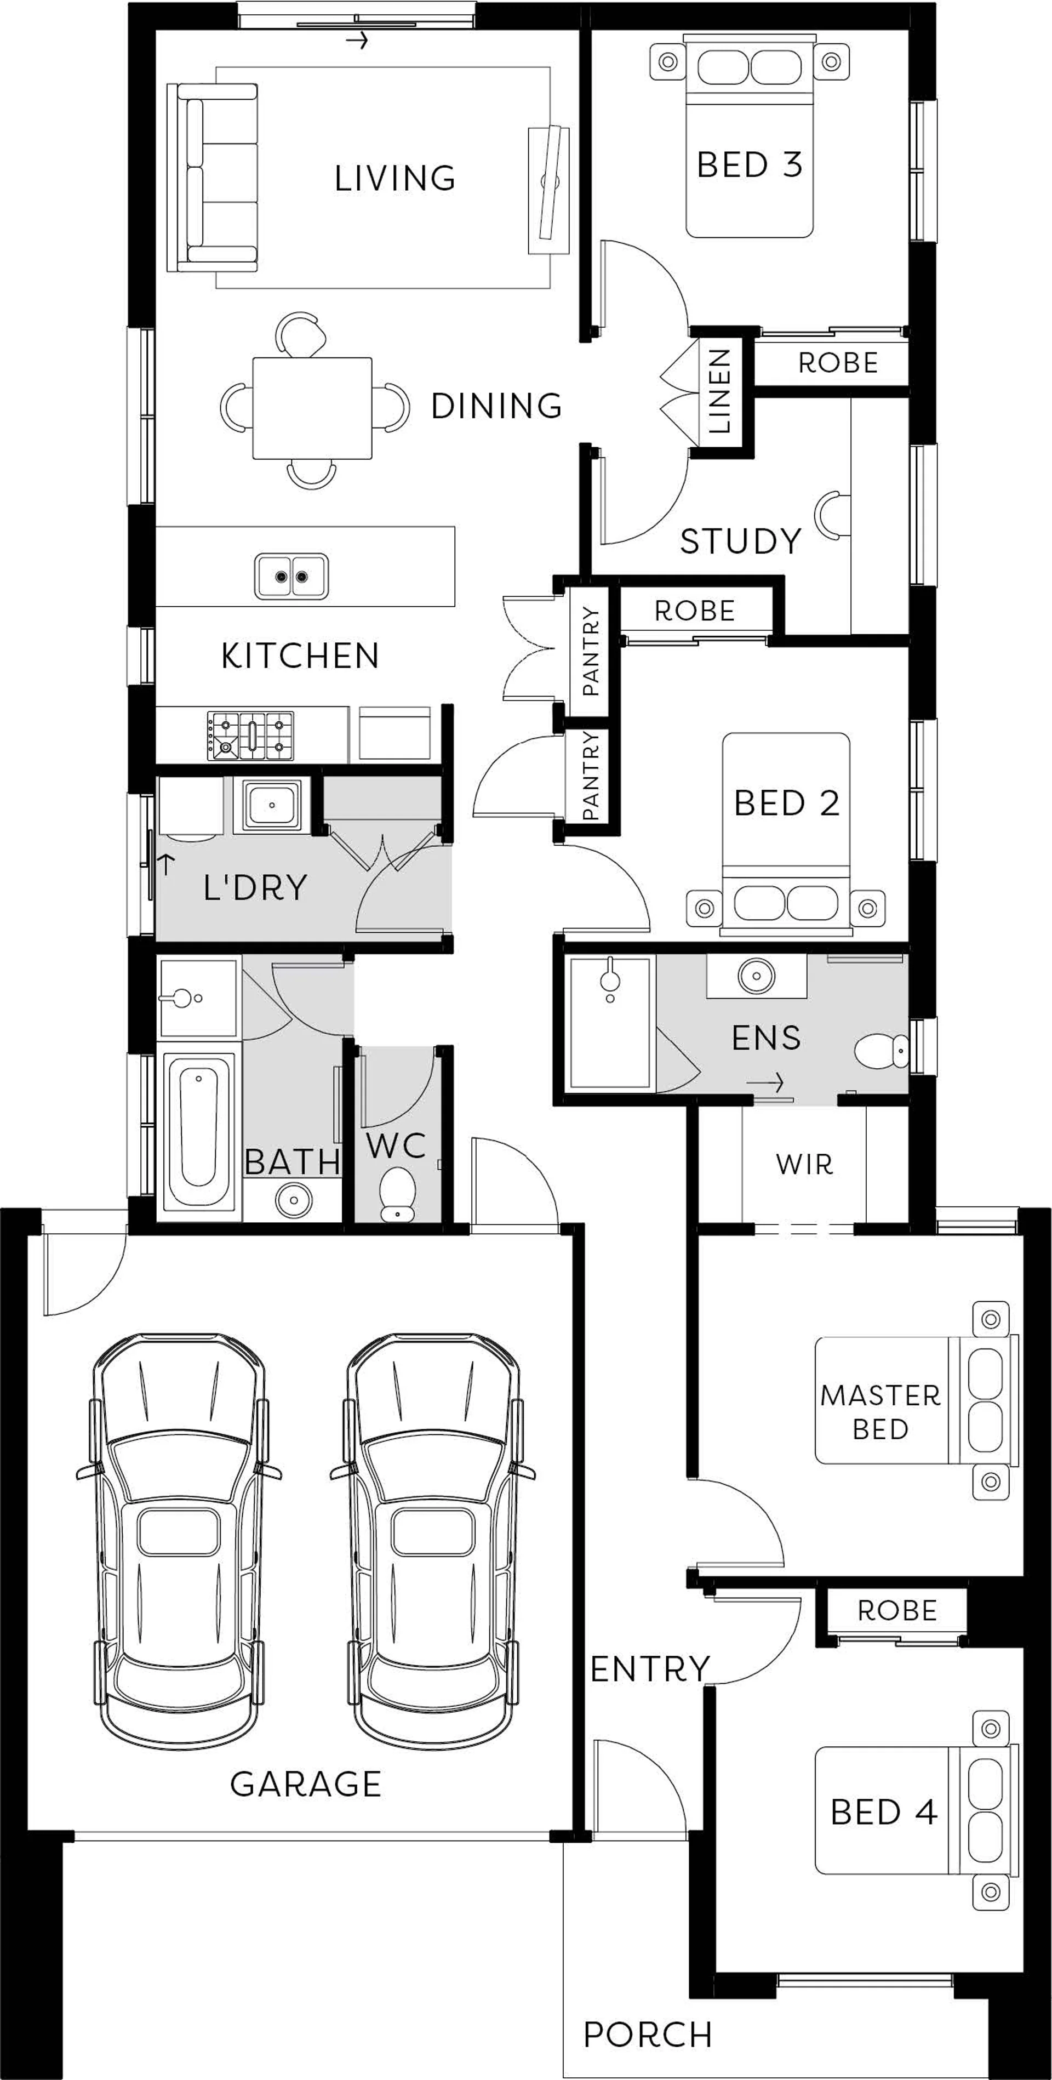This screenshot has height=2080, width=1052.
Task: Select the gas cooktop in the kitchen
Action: pyautogui.click(x=250, y=736)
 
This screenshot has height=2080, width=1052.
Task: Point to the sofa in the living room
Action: pyautogui.click(x=213, y=178)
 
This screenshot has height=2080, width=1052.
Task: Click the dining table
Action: pyautogui.click(x=312, y=408)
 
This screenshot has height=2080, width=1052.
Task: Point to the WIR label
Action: pyautogui.click(x=804, y=1164)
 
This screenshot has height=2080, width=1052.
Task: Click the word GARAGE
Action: pyautogui.click(x=306, y=1783)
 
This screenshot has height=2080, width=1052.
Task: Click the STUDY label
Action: pyautogui.click(x=740, y=541)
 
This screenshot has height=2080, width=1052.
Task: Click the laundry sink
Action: pyautogui.click(x=271, y=805)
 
